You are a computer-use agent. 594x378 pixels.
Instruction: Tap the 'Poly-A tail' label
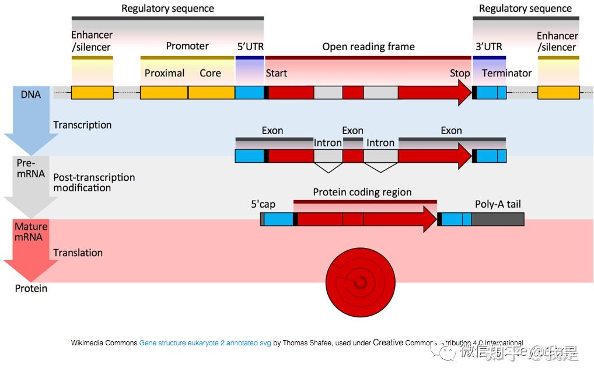497,204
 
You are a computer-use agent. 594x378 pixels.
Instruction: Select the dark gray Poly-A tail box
497,219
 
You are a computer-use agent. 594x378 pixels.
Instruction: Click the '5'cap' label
263,204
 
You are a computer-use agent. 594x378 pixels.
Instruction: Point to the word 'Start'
277,73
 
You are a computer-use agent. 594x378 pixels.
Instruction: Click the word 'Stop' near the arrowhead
459,73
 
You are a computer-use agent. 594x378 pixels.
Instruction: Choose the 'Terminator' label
506,73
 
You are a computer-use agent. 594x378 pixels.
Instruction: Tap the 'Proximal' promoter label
165,73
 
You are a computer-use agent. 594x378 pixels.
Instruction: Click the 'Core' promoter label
210,73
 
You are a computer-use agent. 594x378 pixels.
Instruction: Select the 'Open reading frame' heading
368,47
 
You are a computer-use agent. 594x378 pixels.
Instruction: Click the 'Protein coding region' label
362,192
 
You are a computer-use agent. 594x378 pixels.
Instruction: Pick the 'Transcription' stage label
82,125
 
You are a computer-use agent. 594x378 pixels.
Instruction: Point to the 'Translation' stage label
78,253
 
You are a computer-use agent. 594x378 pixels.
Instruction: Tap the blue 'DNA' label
31,94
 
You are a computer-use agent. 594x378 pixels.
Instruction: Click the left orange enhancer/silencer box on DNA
92,92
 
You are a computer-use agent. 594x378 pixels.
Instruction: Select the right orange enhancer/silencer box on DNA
558,92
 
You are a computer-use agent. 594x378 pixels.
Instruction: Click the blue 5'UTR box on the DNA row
249,92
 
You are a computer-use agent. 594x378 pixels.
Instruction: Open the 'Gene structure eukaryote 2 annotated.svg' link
205,343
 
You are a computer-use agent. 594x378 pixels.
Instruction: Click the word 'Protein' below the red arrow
31,288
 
